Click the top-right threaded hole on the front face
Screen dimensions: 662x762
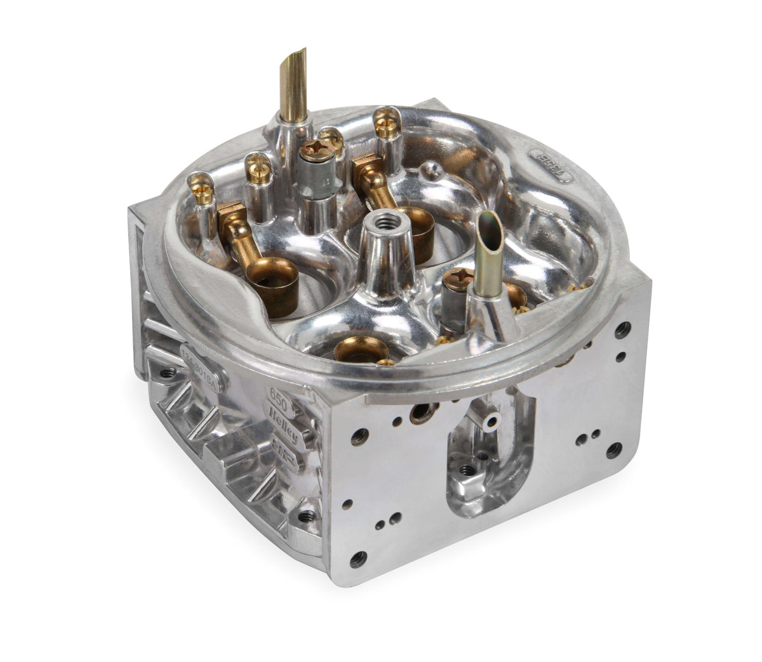point(624,328)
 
